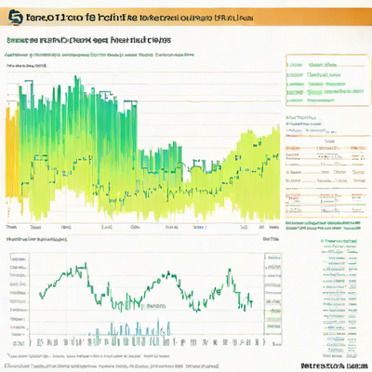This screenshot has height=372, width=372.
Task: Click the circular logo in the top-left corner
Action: coord(15,18)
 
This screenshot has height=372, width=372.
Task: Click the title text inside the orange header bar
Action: coord(130,17)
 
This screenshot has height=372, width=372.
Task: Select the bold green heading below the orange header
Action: coord(88,41)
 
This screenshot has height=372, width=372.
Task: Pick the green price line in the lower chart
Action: coord(139,279)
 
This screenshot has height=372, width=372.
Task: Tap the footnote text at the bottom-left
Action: coord(93,356)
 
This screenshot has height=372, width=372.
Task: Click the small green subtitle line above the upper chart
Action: coord(102,55)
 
